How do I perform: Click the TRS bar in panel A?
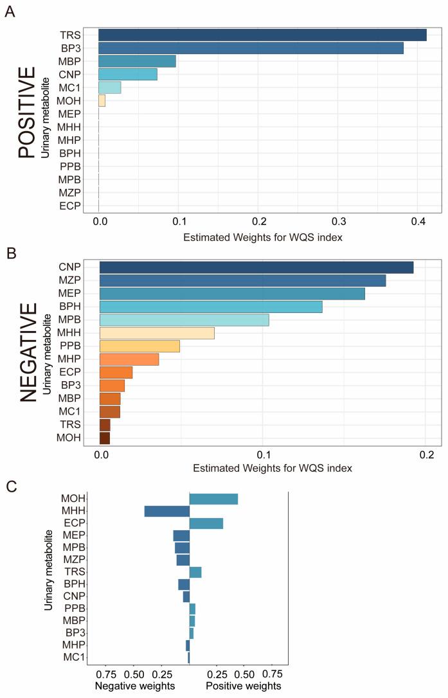click(262, 35)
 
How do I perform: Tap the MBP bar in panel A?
click(137, 62)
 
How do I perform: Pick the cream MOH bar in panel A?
click(102, 100)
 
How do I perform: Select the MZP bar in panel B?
click(242, 280)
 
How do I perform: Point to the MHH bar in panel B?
click(157, 333)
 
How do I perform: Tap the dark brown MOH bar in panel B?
click(105, 438)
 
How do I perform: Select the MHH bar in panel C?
click(167, 512)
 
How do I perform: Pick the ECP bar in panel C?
click(206, 523)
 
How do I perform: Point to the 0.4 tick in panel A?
click(418, 222)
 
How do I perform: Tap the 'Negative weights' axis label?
click(135, 686)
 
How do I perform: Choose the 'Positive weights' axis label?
click(244, 686)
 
